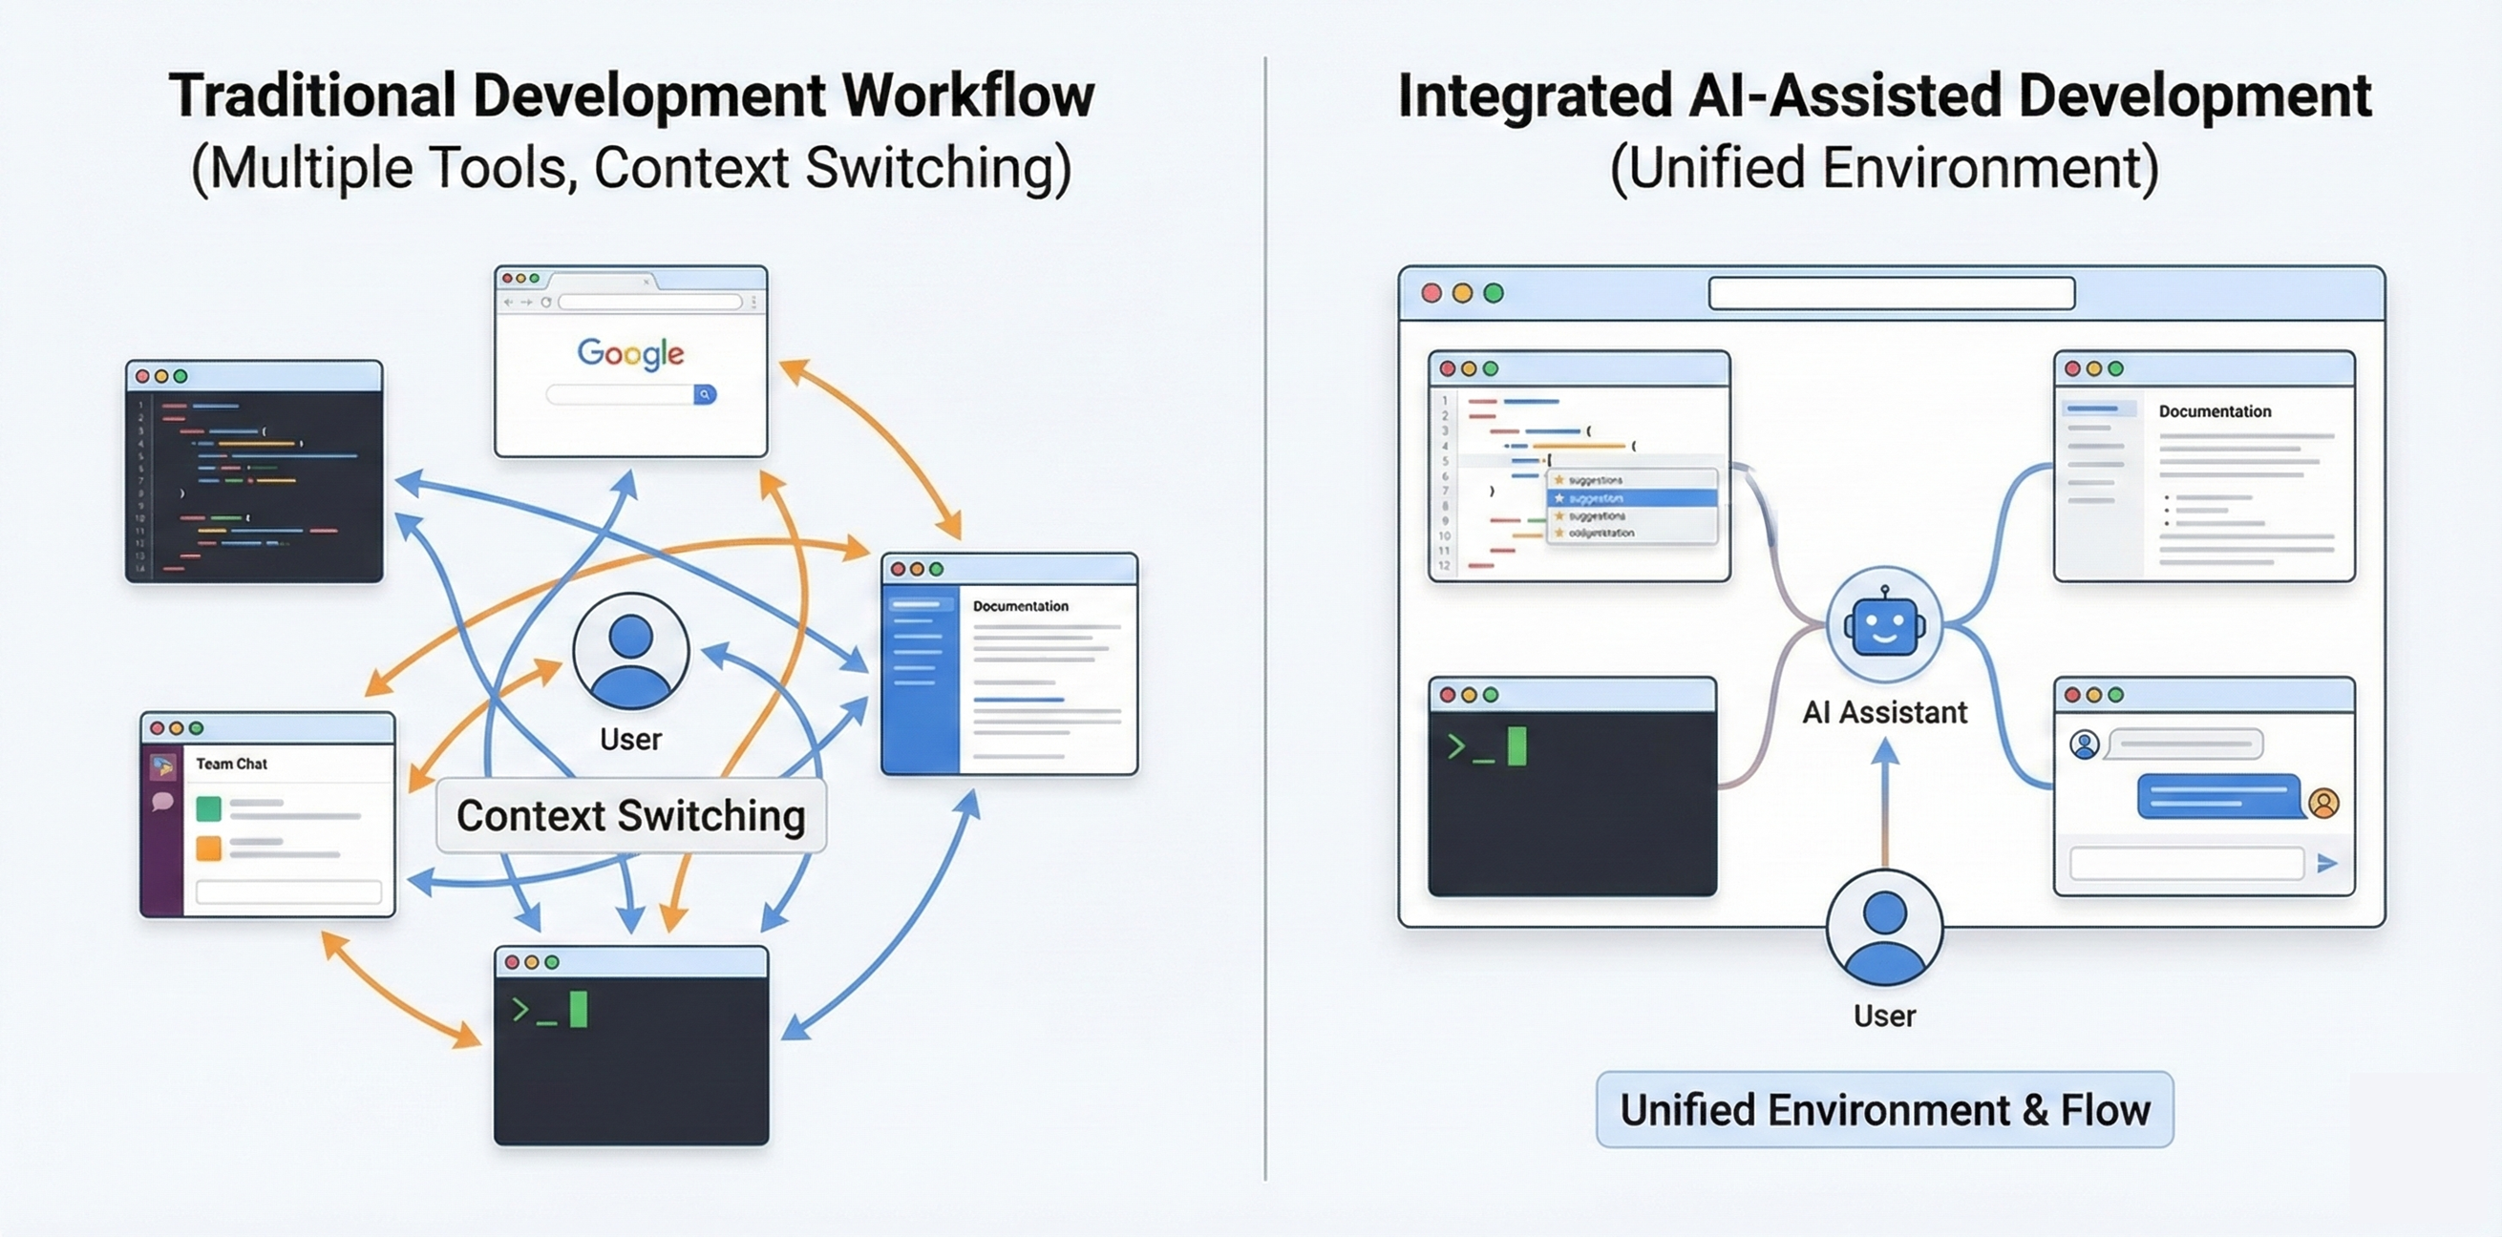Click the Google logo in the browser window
pyautogui.click(x=630, y=353)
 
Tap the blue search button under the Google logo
pyautogui.click(x=705, y=394)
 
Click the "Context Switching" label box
pyautogui.click(x=631, y=816)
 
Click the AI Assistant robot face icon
pyautogui.click(x=1884, y=626)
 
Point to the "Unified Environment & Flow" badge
pyautogui.click(x=1884, y=1110)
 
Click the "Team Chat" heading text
pyautogui.click(x=231, y=765)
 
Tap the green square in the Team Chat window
pyautogui.click(x=209, y=807)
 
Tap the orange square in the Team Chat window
pyautogui.click(x=209, y=849)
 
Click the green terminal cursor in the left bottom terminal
pyautogui.click(x=578, y=1010)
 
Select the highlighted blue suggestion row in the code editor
pyautogui.click(x=1632, y=498)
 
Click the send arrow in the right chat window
pyautogui.click(x=2327, y=863)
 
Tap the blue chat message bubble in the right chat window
pyautogui.click(x=2218, y=797)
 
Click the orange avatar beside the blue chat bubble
pyautogui.click(x=2324, y=803)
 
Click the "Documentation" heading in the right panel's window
pyautogui.click(x=2215, y=411)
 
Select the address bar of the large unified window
pyautogui.click(x=1891, y=293)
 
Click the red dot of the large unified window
pyautogui.click(x=1431, y=293)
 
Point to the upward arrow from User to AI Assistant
pyautogui.click(x=1884, y=801)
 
